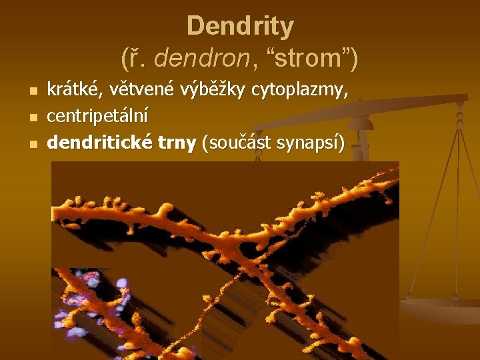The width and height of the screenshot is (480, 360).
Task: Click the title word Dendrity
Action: point(240,27)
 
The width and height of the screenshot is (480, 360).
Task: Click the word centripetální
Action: point(98,116)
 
